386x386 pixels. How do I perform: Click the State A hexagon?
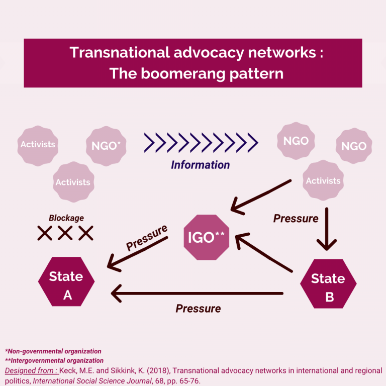pyautogui.click(x=66, y=281)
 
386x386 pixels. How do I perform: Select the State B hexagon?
pyautogui.click(x=328, y=283)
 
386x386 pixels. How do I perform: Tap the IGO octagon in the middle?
pyautogui.click(x=206, y=237)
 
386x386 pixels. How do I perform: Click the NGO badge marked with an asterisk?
pyautogui.click(x=106, y=146)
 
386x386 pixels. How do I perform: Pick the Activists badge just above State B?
pyautogui.click(x=323, y=180)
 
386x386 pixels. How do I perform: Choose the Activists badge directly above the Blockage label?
pyautogui.click(x=73, y=182)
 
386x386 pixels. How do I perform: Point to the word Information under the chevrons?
pyautogui.click(x=201, y=165)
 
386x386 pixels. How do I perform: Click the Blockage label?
pyautogui.click(x=66, y=218)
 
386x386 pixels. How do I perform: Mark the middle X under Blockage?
pyautogui.click(x=65, y=233)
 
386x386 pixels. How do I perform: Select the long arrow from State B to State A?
pyautogui.click(x=197, y=293)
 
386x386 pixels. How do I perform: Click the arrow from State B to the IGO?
pyautogui.click(x=264, y=252)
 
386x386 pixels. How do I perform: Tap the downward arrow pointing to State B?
pyautogui.click(x=327, y=229)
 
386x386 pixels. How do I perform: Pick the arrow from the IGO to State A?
pyautogui.click(x=138, y=254)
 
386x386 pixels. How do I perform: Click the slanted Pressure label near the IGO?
pyautogui.click(x=147, y=238)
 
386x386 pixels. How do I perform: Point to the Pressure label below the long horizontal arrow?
pyautogui.click(x=198, y=309)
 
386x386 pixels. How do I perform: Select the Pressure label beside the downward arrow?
pyautogui.click(x=296, y=218)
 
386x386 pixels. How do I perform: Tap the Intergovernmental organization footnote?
pyautogui.click(x=54, y=360)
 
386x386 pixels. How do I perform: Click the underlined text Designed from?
pyautogui.click(x=32, y=370)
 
